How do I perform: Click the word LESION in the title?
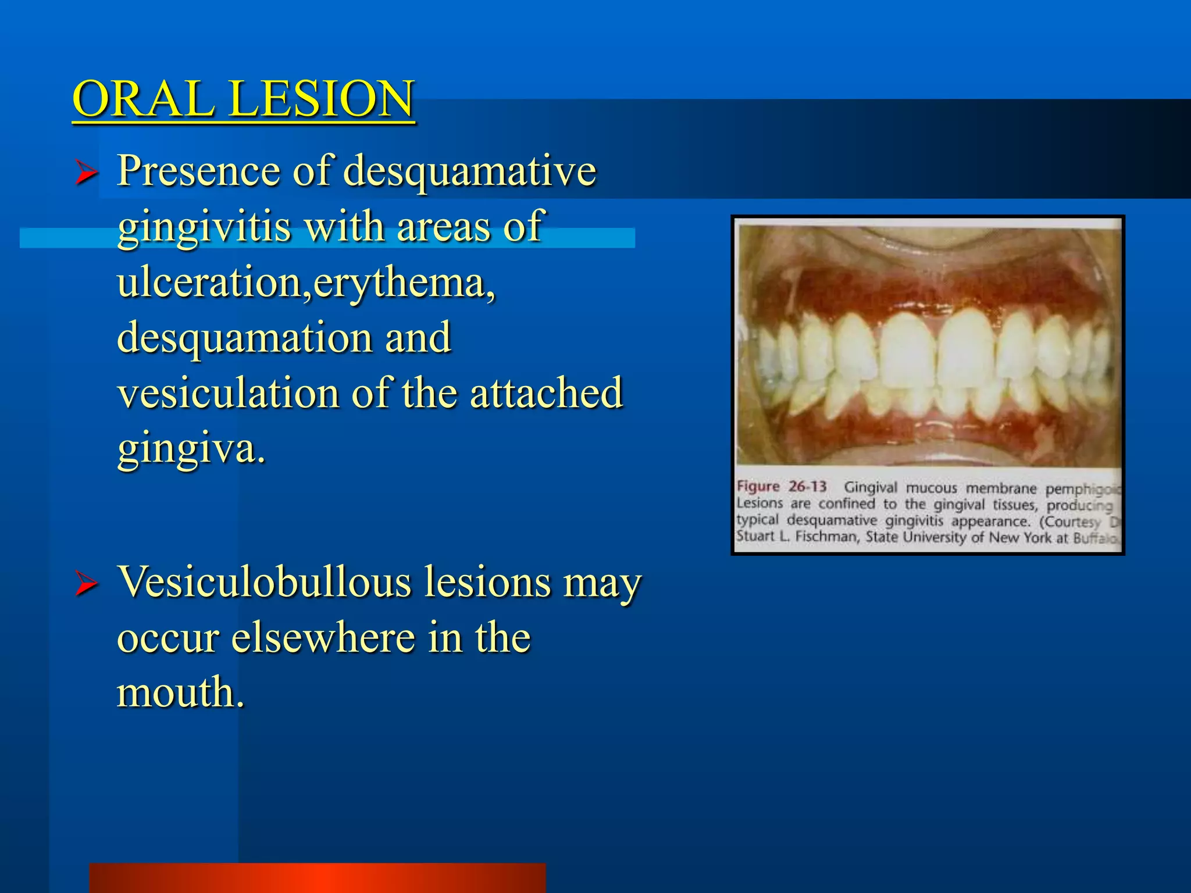pyautogui.click(x=322, y=99)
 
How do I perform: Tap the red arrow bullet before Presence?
pyautogui.click(x=86, y=173)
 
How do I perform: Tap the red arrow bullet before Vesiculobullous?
pyautogui.click(x=86, y=584)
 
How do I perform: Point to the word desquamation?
pyautogui.click(x=244, y=338)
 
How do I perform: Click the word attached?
pyautogui.click(x=546, y=393)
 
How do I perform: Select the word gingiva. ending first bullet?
pyautogui.click(x=191, y=449)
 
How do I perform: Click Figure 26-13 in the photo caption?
pyautogui.click(x=781, y=487)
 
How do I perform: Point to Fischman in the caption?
pyautogui.click(x=826, y=536)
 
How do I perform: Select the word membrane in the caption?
pyautogui.click(x=1001, y=488)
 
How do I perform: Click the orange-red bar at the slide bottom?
pyautogui.click(x=318, y=878)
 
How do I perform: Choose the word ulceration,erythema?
pyautogui.click(x=306, y=283)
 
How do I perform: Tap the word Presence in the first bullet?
pyautogui.click(x=198, y=172)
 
